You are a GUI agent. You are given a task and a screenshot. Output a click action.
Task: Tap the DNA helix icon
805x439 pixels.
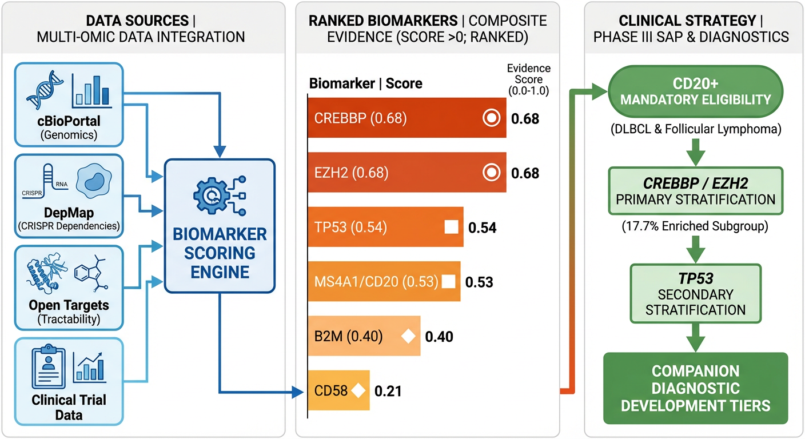pos(44,90)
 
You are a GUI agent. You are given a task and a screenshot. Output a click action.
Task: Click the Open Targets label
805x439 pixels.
pos(68,305)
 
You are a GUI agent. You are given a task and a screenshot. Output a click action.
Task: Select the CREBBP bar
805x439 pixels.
pos(406,118)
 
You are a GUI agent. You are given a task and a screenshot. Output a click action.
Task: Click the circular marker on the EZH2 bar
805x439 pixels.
pos(491,173)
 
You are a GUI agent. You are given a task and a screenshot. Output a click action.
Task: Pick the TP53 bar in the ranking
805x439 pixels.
pos(385,228)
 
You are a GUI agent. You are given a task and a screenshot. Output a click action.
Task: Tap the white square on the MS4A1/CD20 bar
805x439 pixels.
pos(449,281)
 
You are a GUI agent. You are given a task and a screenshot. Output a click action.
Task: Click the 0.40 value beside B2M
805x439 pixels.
pos(439,337)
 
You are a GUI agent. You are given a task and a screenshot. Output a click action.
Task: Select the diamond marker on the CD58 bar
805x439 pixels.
pos(358,391)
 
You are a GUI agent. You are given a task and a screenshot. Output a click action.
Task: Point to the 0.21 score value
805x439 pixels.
pos(388,392)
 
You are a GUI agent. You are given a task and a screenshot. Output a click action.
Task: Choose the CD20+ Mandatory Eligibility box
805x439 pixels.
pos(696,91)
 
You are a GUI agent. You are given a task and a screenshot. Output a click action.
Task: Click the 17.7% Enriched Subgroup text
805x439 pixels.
pos(695,226)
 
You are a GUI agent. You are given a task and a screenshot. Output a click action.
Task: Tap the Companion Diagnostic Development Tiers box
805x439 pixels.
pos(695,389)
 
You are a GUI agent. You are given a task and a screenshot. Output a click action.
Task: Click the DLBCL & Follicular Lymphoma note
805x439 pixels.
pos(695,129)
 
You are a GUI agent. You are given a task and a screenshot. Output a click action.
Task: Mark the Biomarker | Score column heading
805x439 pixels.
pos(365,83)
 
